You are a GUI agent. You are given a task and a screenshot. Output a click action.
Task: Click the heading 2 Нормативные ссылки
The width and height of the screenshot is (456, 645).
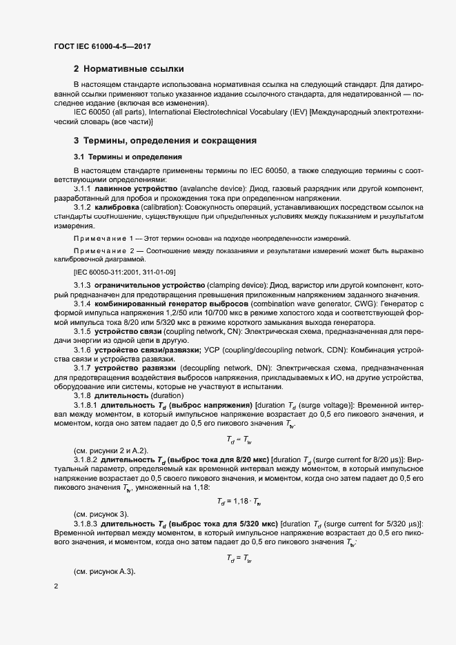[x=128, y=69]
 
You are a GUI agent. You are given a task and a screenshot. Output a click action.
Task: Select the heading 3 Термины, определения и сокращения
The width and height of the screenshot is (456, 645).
[x=166, y=141]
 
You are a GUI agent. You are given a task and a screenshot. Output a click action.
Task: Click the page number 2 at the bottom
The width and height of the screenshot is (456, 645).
[x=56, y=586]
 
